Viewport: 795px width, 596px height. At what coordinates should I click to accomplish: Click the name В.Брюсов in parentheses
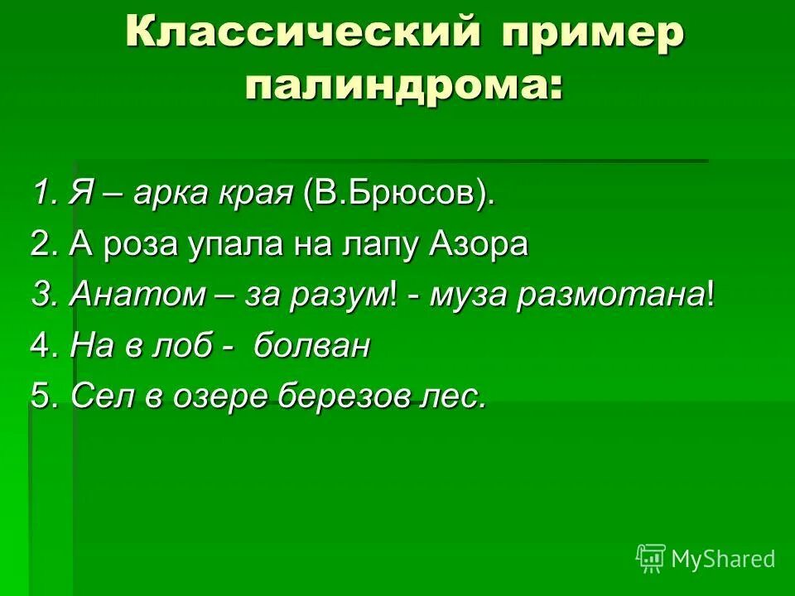point(396,195)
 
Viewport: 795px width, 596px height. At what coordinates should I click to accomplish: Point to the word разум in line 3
point(341,296)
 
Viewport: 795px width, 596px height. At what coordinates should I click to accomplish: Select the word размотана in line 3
point(610,296)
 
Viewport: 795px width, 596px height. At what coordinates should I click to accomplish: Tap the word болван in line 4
point(311,346)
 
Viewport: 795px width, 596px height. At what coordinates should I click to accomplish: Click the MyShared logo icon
point(651,558)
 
